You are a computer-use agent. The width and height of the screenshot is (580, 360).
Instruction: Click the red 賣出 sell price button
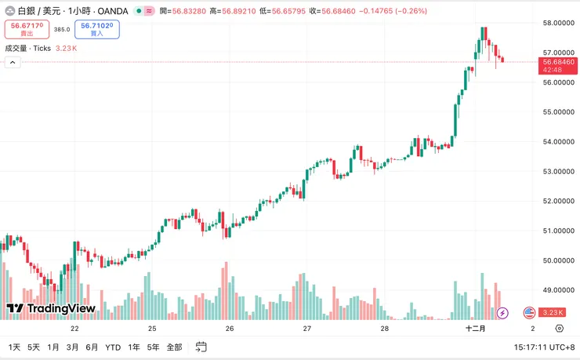point(27,30)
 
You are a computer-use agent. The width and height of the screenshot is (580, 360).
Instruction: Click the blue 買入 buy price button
point(96,30)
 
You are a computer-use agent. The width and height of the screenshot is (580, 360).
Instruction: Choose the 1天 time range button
point(14,347)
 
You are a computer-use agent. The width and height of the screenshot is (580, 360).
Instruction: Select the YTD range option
point(113,347)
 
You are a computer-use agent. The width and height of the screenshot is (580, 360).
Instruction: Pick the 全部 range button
point(174,347)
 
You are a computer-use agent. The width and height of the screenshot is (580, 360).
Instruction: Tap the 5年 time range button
point(153,347)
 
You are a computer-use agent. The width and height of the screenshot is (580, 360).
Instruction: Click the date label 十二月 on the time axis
point(476,328)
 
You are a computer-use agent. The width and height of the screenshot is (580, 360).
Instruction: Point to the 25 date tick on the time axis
point(152,328)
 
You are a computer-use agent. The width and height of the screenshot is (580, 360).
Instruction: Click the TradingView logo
point(51,308)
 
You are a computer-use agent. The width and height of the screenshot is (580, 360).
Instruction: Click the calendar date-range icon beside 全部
point(201,347)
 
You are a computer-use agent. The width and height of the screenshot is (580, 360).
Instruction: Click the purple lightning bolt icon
point(503,312)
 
